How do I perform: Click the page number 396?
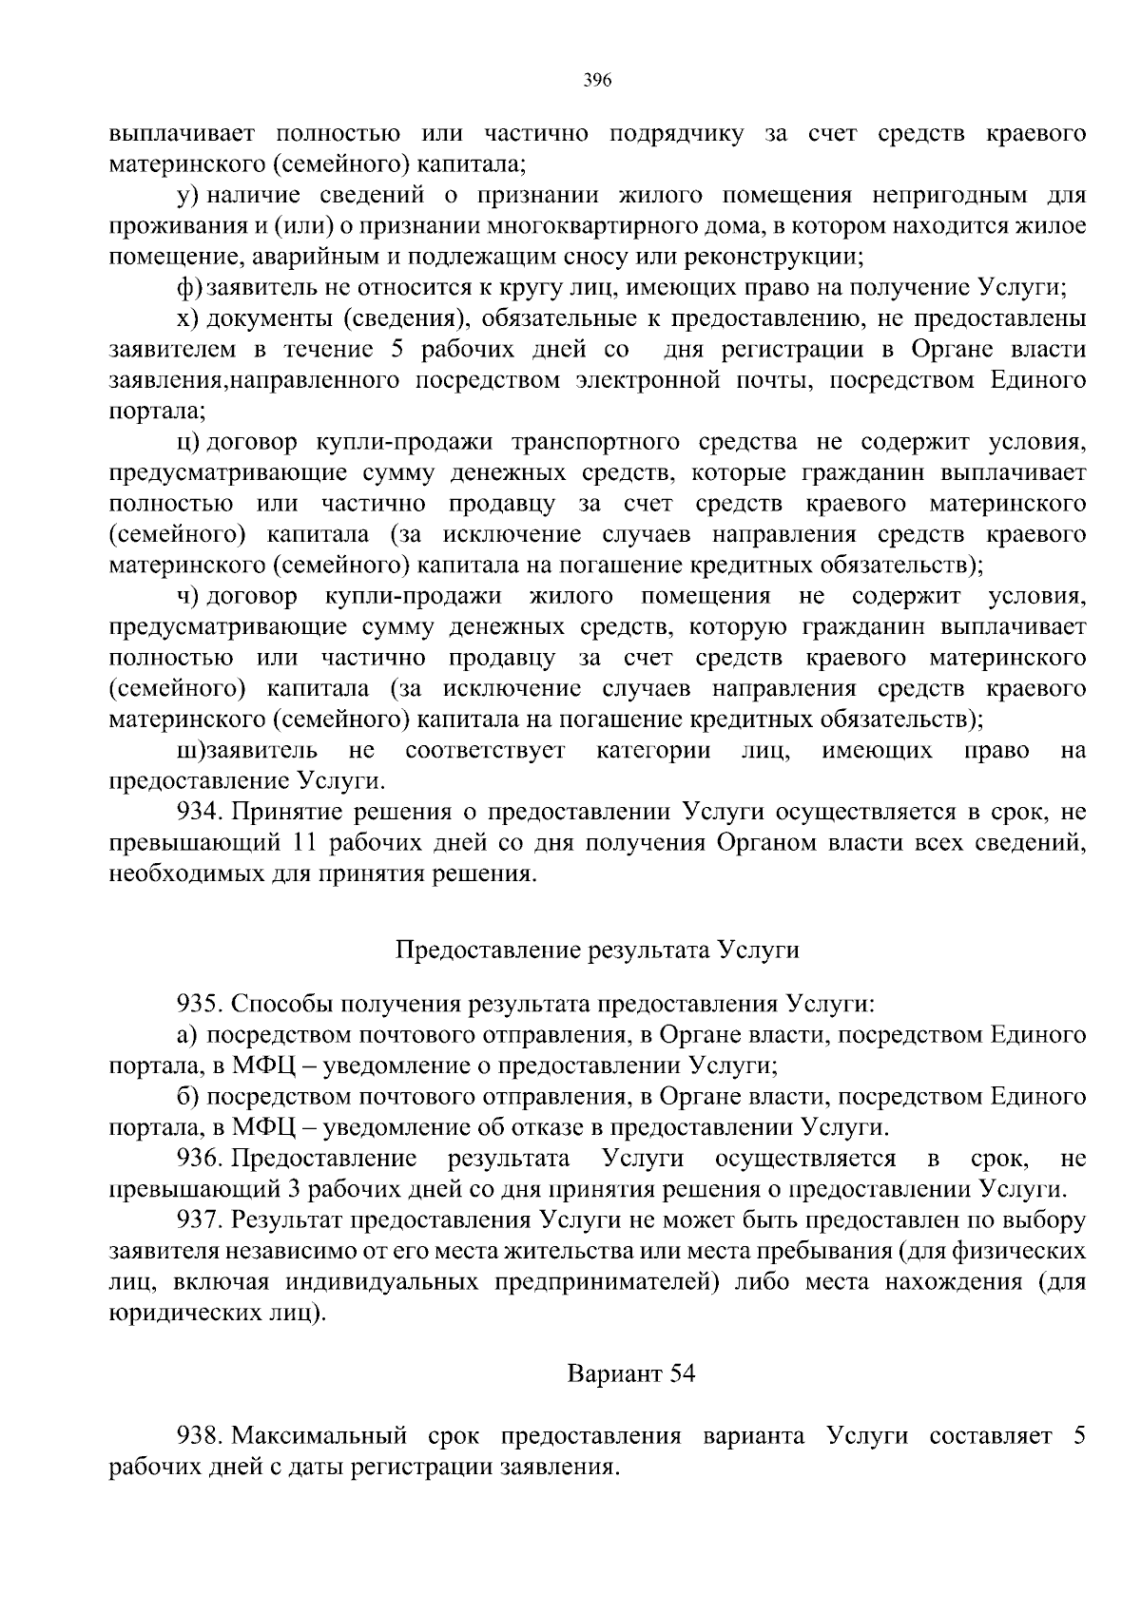(596, 80)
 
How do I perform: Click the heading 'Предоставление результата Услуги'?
(596, 950)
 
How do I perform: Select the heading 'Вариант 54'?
(631, 1373)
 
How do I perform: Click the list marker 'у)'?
(186, 196)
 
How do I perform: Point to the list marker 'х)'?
(186, 318)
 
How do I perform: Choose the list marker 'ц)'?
(186, 442)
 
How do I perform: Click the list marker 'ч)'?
(186, 596)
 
